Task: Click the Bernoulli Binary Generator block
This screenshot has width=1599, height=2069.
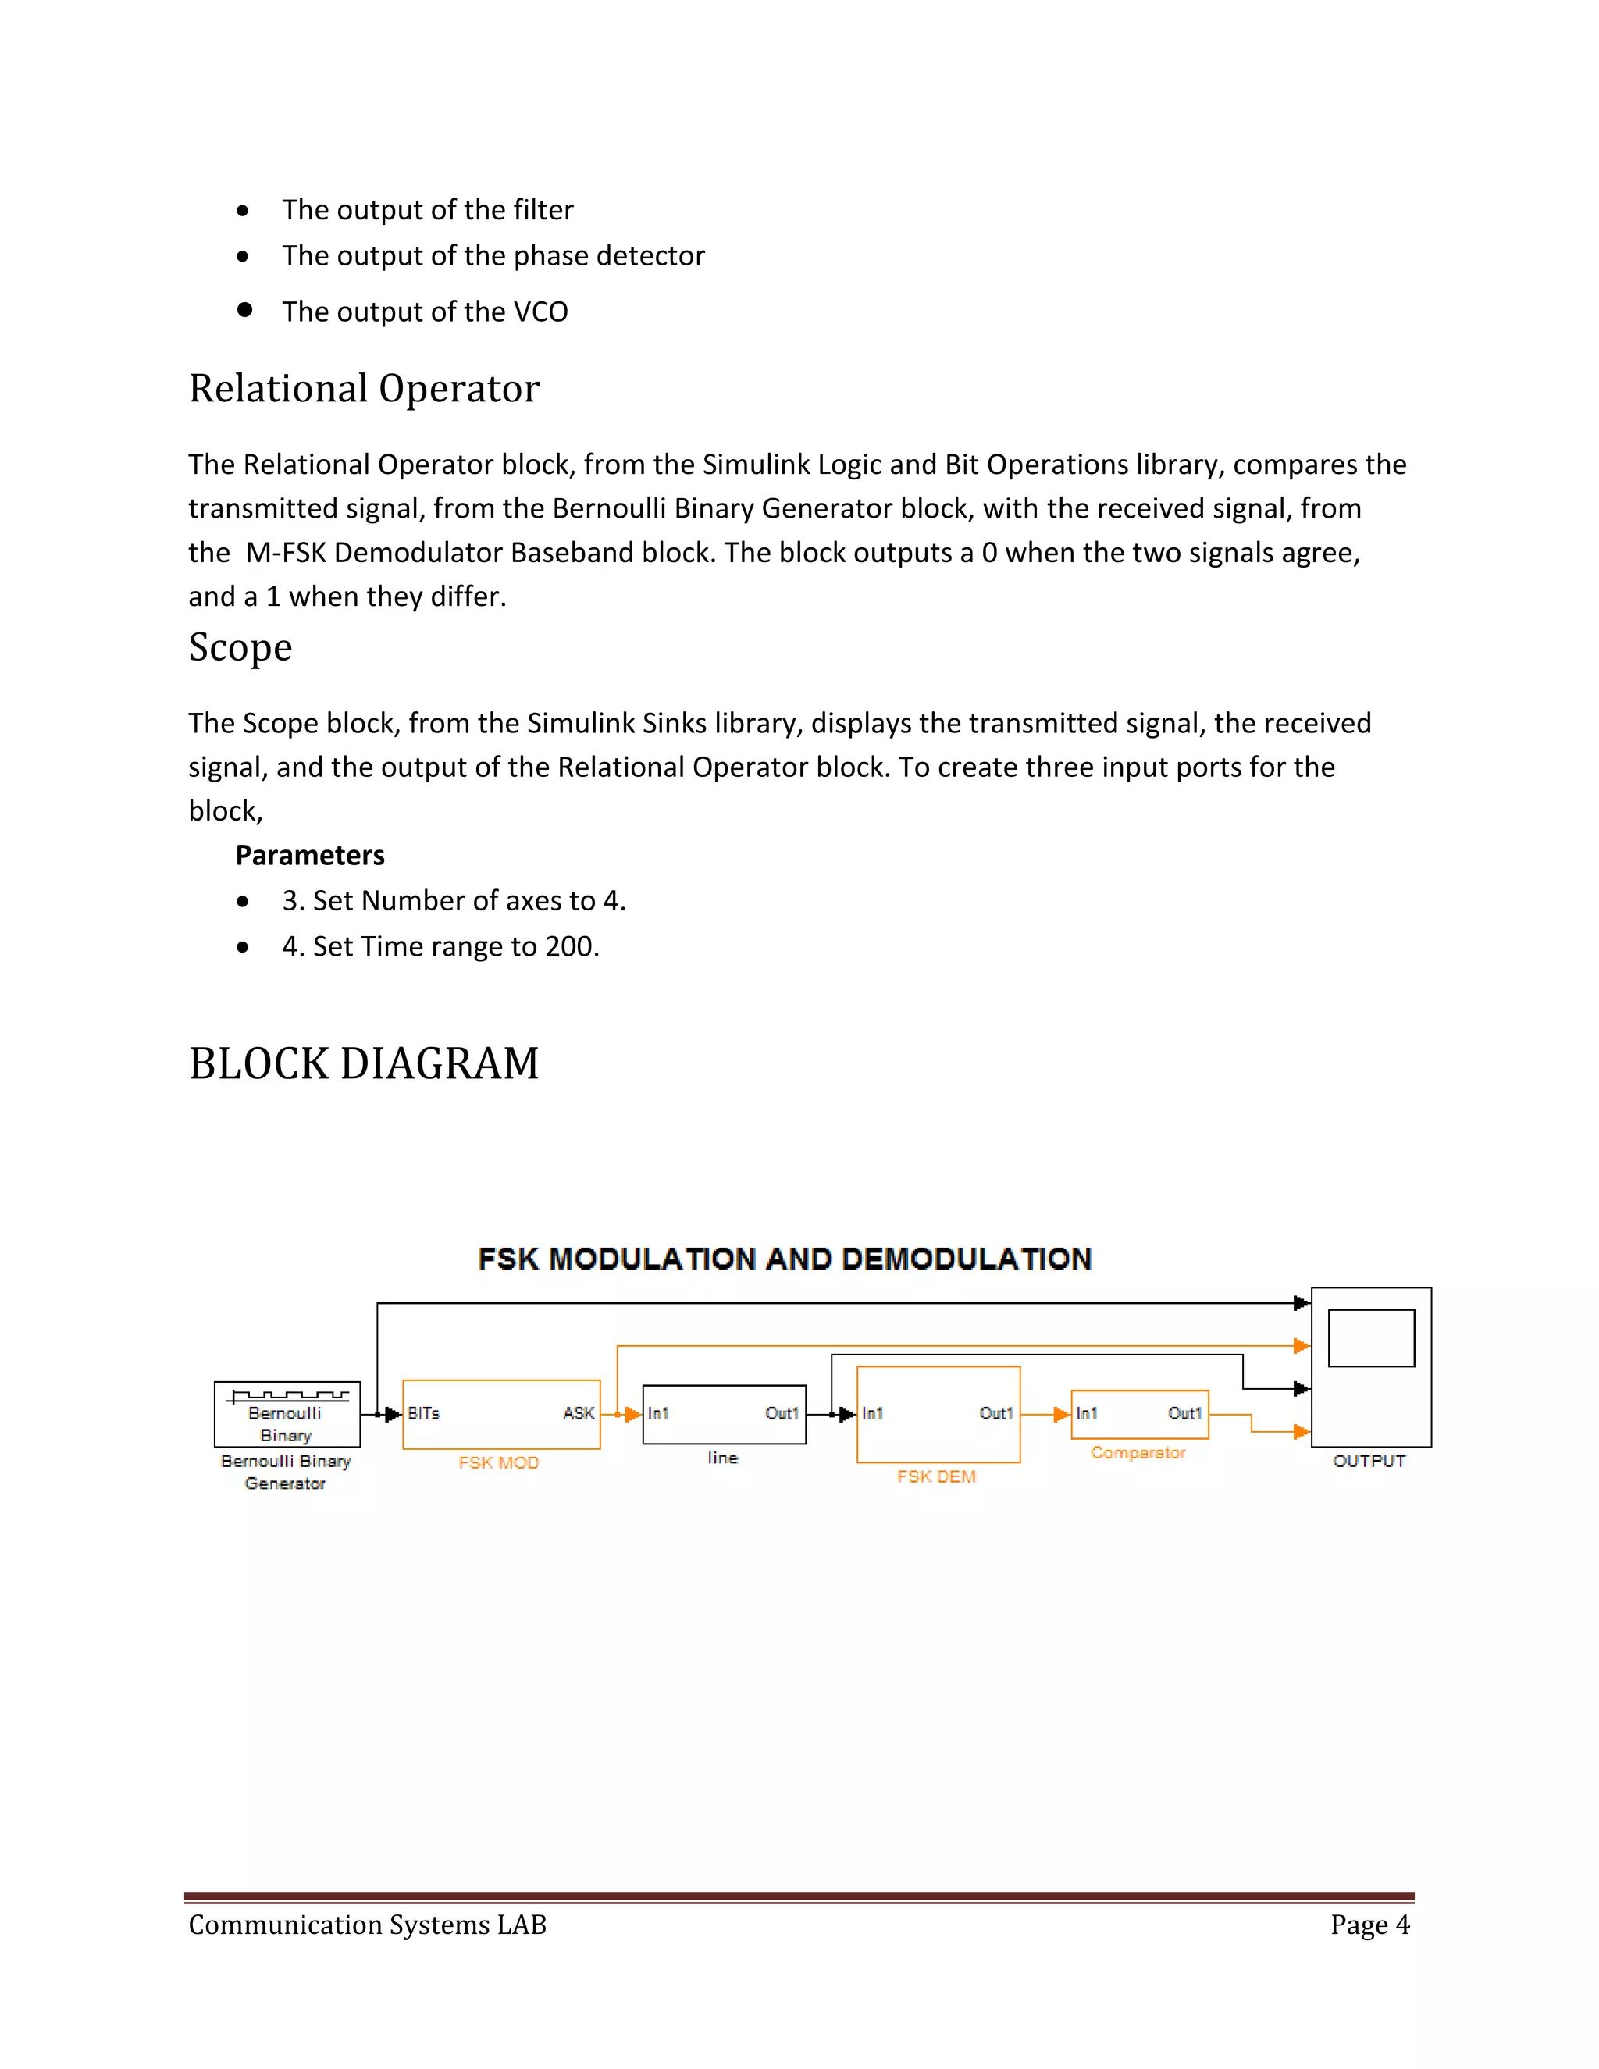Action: pos(287,1415)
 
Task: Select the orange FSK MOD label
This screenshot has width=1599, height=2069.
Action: pos(498,1462)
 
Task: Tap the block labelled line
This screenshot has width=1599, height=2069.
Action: pos(724,1415)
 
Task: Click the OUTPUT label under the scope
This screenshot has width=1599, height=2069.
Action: pos(1369,1461)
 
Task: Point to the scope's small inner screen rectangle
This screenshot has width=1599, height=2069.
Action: pos(1371,1337)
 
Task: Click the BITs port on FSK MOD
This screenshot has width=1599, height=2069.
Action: pos(423,1413)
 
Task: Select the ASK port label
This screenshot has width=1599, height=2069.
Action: pos(578,1413)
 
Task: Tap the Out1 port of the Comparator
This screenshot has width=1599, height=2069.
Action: pos(1184,1413)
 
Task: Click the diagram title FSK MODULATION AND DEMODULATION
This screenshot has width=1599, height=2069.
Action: pos(785,1259)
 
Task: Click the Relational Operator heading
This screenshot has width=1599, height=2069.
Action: pos(364,388)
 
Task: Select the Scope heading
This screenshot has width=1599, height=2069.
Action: pos(240,647)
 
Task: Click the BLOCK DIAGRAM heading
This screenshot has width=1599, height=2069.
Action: pos(364,1063)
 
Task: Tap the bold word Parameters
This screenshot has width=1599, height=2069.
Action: pos(310,856)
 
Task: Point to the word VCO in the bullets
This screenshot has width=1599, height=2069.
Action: pos(540,312)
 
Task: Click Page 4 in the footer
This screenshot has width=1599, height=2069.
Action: pos(1369,1925)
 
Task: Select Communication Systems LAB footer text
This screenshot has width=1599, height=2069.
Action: pos(368,1925)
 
